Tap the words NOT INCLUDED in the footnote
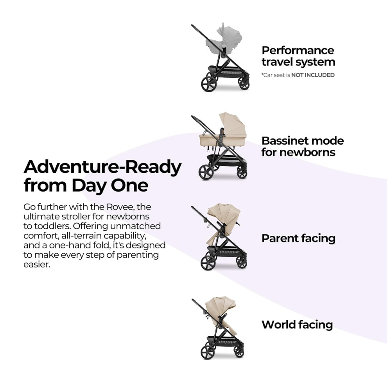point(313,75)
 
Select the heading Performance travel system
point(298,56)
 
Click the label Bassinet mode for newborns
point(303,147)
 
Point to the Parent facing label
point(298,239)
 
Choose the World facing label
point(297,325)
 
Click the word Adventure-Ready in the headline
point(102,167)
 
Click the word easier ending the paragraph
point(37,265)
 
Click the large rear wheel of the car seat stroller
point(209,84)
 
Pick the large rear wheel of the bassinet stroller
point(206,172)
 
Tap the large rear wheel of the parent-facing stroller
point(208,263)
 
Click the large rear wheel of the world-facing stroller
point(208,352)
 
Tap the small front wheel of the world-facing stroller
point(239,352)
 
